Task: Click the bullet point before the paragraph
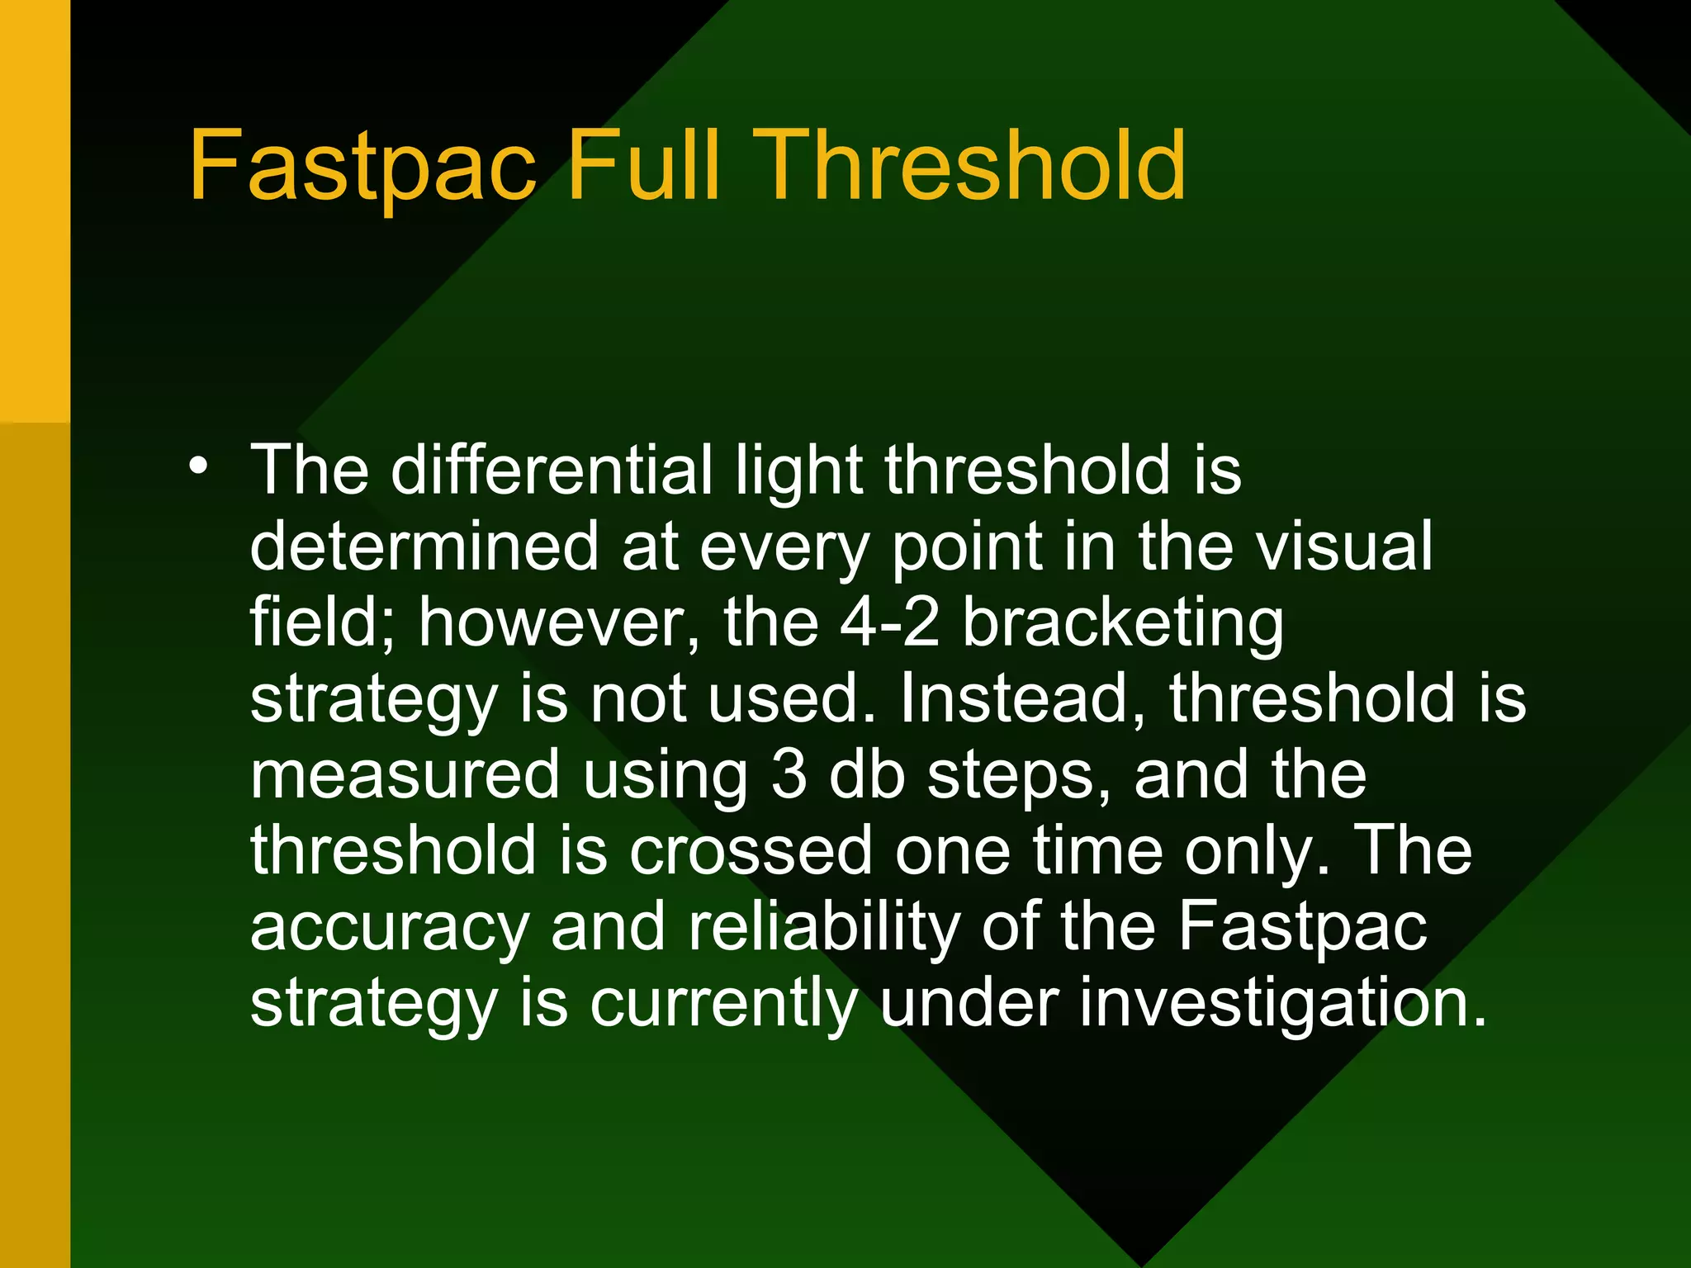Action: [x=198, y=466]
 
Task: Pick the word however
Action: [x=558, y=623]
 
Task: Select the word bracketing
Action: [x=1123, y=623]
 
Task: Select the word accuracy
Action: [x=389, y=928]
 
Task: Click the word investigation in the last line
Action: [x=1182, y=1003]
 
